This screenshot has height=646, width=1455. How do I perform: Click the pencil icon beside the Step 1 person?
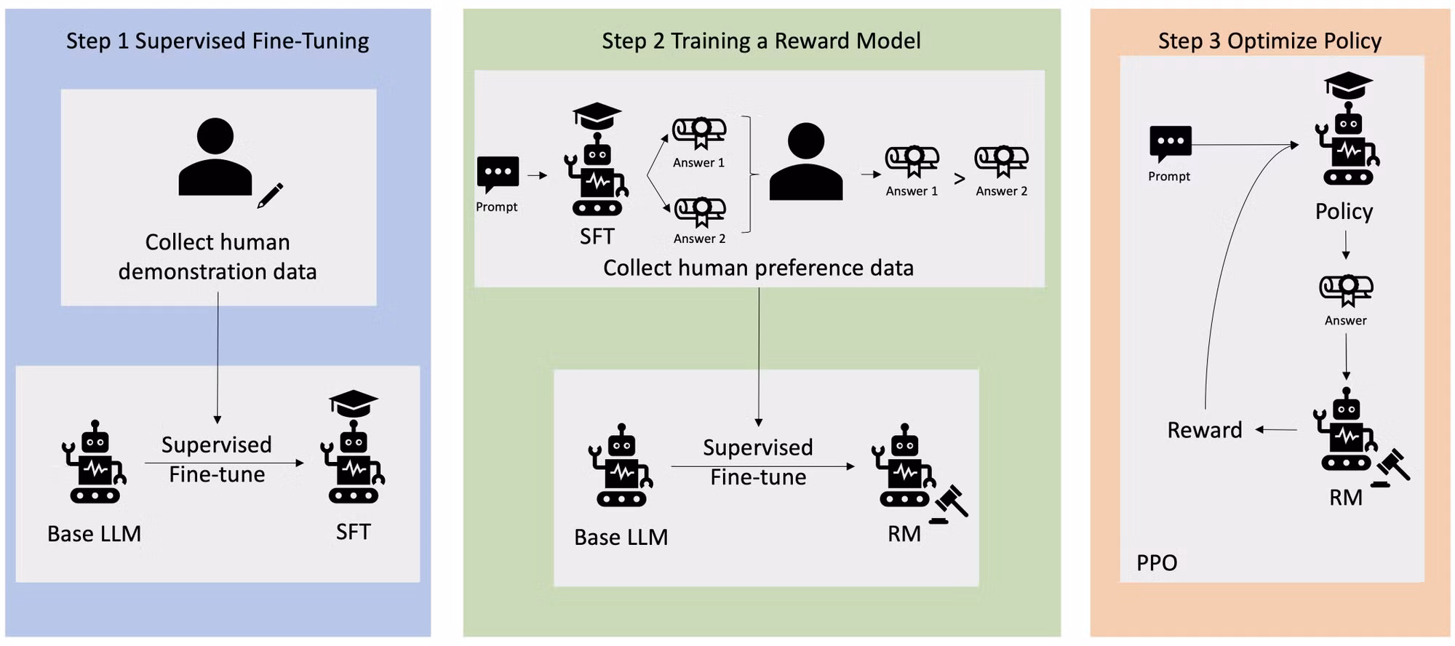270,196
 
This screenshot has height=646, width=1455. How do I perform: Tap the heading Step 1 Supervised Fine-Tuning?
218,41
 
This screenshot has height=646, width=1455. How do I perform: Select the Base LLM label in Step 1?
95,533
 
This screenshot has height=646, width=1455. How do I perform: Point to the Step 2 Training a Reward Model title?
761,41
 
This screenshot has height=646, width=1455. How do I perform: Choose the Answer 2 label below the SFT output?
699,239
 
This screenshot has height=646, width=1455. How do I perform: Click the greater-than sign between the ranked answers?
960,178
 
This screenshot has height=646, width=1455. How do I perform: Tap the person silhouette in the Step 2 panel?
806,161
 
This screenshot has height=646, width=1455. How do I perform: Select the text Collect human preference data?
758,268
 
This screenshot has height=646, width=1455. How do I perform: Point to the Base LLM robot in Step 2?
621,465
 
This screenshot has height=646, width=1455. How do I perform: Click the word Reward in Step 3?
1205,430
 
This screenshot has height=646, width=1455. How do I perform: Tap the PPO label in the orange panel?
1157,562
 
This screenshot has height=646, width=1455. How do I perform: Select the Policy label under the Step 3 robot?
1344,212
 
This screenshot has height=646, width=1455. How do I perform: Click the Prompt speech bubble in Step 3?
1171,144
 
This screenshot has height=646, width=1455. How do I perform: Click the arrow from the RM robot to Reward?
1276,430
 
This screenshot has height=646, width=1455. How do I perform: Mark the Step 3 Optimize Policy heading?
1269,41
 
